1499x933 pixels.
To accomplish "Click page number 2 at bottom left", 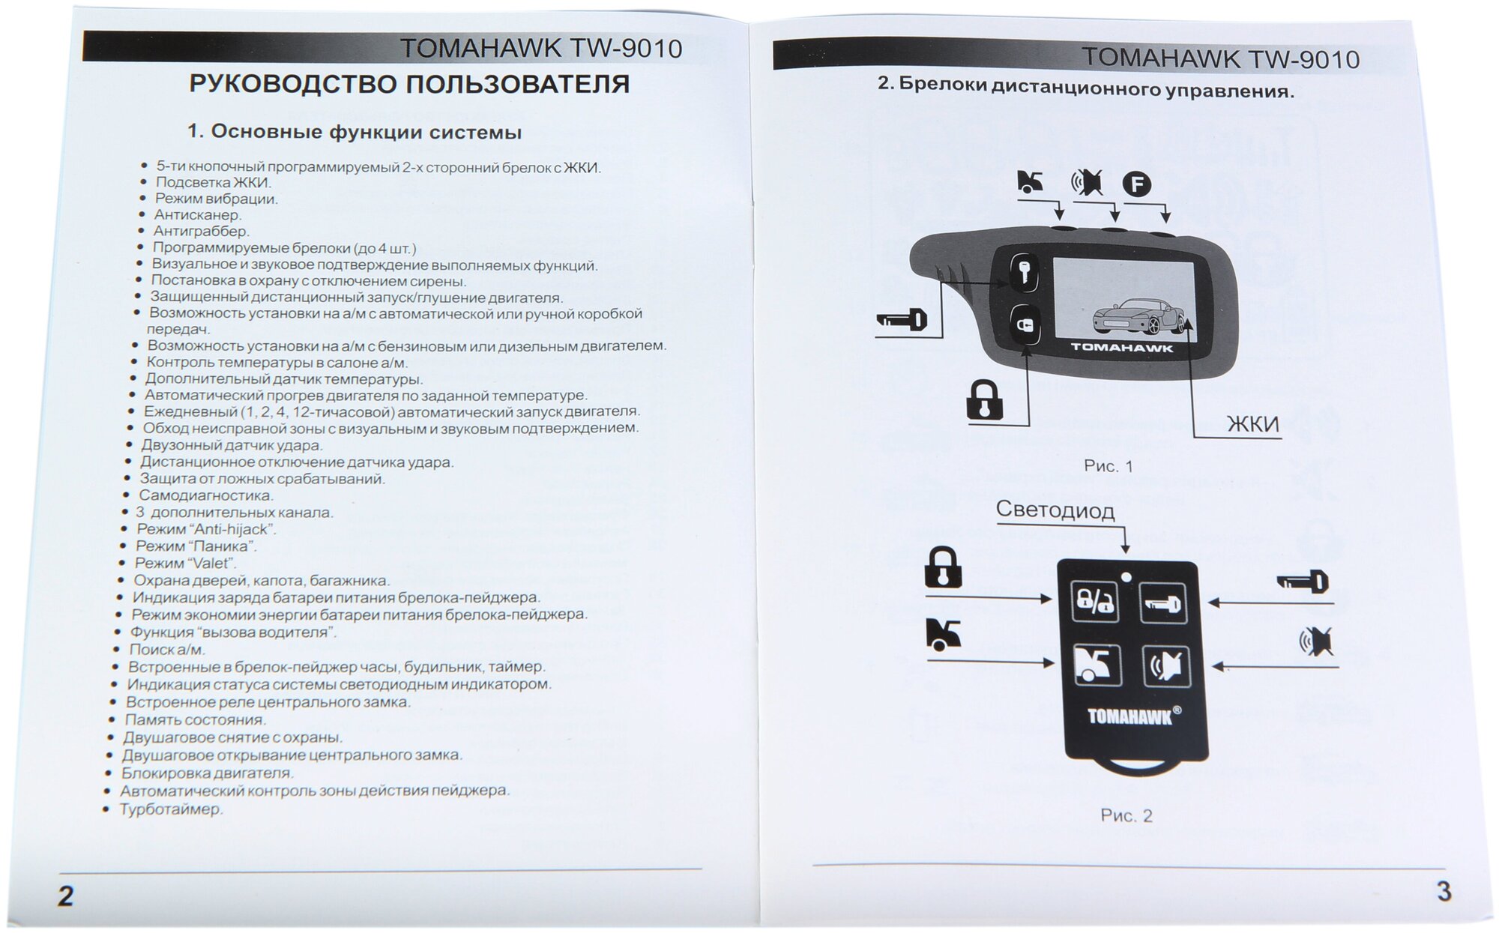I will click(x=66, y=896).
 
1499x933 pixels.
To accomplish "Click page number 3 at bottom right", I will click(x=1443, y=891).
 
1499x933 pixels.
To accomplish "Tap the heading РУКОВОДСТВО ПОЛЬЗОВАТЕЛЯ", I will click(x=409, y=84).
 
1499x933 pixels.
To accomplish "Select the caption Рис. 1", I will click(x=1109, y=466).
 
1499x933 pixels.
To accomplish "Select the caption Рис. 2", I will click(x=1126, y=815).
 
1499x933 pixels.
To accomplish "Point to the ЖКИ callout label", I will click(x=1252, y=424).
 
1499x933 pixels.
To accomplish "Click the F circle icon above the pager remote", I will click(x=1136, y=184).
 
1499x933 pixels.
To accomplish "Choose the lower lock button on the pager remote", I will click(x=1023, y=326).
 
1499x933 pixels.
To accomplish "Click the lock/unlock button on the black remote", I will click(x=1094, y=601).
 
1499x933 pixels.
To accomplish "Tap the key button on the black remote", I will click(x=1163, y=603).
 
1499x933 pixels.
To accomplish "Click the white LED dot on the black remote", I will click(x=1126, y=577).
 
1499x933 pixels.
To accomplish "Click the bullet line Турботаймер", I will click(x=171, y=809).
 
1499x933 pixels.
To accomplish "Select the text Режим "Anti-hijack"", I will click(x=206, y=529).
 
